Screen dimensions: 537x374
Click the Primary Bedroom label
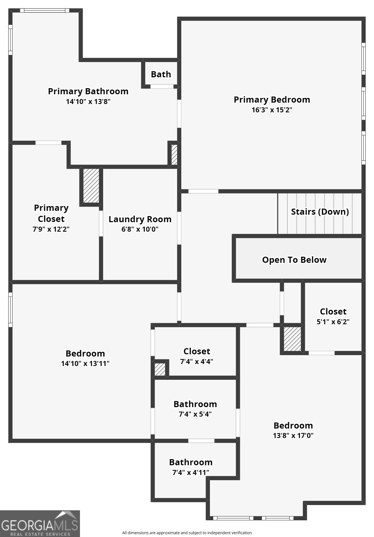point(272,100)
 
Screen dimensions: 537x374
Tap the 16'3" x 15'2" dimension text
point(272,110)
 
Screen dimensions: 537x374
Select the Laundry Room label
point(140,219)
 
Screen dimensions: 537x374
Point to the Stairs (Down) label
point(320,212)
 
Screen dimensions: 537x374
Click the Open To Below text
point(294,260)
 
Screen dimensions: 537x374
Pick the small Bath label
point(161,74)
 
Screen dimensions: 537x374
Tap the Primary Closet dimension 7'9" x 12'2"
point(51,229)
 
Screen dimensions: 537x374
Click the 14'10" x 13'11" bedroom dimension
point(85,363)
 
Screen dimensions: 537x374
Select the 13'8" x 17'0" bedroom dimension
point(293,435)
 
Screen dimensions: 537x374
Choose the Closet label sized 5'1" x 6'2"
point(333,311)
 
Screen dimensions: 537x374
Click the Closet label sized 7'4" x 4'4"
point(197,351)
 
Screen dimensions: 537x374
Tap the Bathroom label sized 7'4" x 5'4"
point(195,404)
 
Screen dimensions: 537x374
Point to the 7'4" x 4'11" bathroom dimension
point(191,472)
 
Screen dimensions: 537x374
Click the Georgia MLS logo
point(40,523)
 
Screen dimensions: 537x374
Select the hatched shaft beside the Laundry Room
point(91,185)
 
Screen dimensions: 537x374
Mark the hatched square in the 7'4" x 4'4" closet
point(160,369)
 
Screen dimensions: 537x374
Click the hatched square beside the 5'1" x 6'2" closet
point(292,339)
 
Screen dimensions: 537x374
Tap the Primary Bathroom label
point(88,91)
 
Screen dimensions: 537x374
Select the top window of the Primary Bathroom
point(44,11)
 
